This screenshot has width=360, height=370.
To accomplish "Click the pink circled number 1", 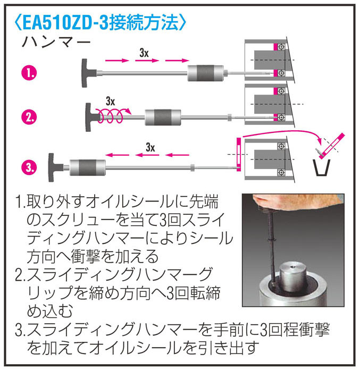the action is pos(29,73).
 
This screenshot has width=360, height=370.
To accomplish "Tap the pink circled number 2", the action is pos(29,117).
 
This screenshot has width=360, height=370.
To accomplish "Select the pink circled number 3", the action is pos(29,167).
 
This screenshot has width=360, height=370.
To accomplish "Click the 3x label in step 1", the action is pos(144,53).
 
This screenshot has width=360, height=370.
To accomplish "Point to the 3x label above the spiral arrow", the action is pos(110,102).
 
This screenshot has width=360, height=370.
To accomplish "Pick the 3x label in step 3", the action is pos(150,148).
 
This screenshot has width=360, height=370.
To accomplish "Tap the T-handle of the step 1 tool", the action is pos(88,73).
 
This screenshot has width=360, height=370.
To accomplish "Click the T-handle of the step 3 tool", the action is pos(55,167).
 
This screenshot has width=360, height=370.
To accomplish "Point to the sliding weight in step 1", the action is pos(205,73).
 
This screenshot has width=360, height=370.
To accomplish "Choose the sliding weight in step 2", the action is pos(163,117).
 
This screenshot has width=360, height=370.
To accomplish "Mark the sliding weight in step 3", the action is pos(88,167).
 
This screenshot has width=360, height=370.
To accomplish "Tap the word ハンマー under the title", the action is pos(56,43).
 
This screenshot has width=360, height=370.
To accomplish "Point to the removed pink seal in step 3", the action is pos(239,154).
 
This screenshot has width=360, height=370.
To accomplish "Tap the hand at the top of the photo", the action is pos(295,203).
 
